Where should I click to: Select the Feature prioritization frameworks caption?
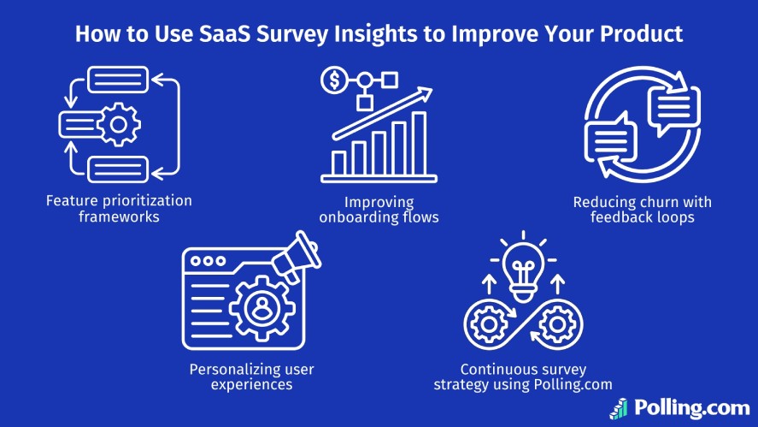pos(119,208)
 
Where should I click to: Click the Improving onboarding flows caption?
pos(379,210)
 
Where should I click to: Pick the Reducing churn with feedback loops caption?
pos(642,210)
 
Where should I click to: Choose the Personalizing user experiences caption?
pos(251,377)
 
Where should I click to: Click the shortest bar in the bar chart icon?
pos(339,162)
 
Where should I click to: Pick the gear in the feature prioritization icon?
pos(119,126)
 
